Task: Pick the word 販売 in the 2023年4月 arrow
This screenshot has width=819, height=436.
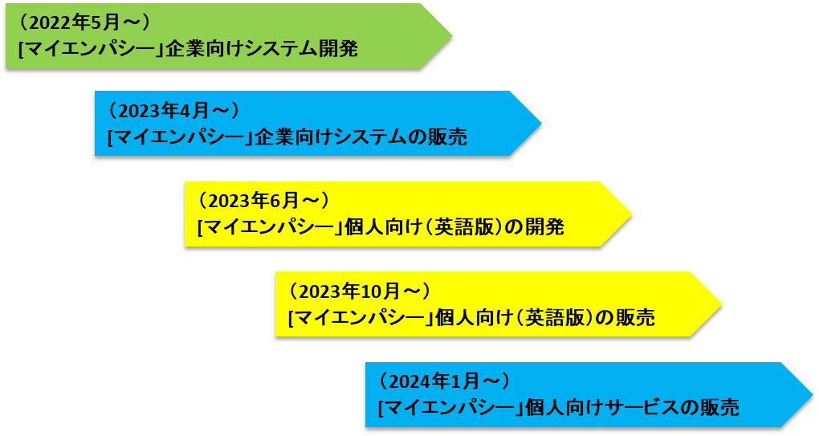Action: (x=449, y=138)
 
